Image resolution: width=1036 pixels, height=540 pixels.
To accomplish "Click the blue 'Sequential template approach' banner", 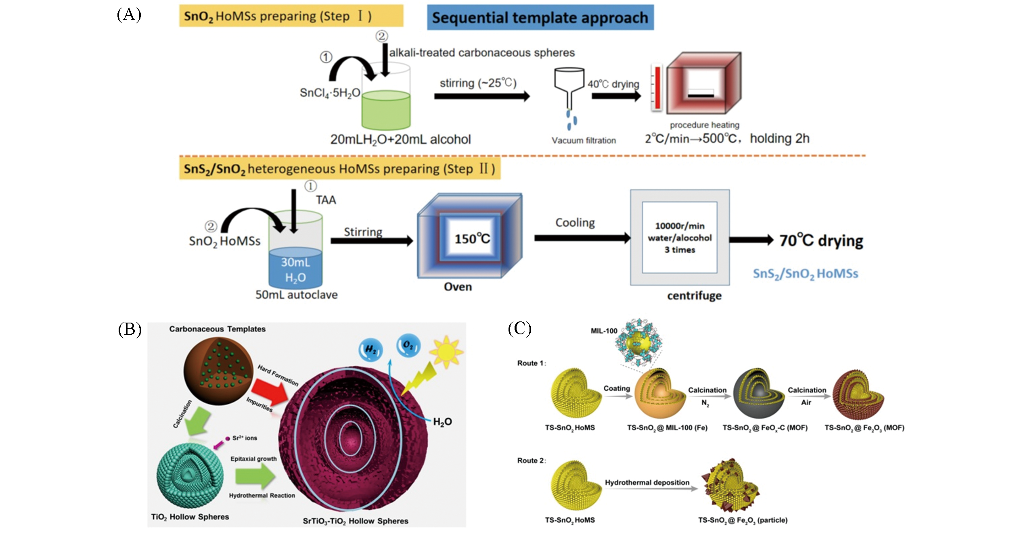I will (540, 18).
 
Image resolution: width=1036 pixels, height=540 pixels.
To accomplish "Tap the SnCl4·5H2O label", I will (330, 93).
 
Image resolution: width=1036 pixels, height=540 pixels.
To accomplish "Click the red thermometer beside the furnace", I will (657, 88).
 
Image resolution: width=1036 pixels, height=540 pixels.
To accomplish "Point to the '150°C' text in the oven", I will (472, 239).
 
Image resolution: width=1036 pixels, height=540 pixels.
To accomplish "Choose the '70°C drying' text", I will (821, 241).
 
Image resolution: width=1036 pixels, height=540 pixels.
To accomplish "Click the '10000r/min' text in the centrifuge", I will (680, 226).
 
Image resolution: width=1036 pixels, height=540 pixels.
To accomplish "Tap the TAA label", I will (326, 200).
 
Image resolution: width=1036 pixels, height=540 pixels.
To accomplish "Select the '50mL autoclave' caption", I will (296, 295).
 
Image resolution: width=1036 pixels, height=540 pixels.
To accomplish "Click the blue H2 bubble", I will (370, 349).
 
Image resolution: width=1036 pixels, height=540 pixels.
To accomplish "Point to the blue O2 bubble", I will (408, 346).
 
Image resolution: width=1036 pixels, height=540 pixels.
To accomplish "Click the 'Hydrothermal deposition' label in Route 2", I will (647, 482).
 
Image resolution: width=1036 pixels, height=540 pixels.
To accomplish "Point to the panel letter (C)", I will (519, 329).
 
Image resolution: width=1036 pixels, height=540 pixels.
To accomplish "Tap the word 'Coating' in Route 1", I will (617, 388).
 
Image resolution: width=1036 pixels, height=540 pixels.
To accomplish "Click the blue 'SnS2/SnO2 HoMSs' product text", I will (805, 274).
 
